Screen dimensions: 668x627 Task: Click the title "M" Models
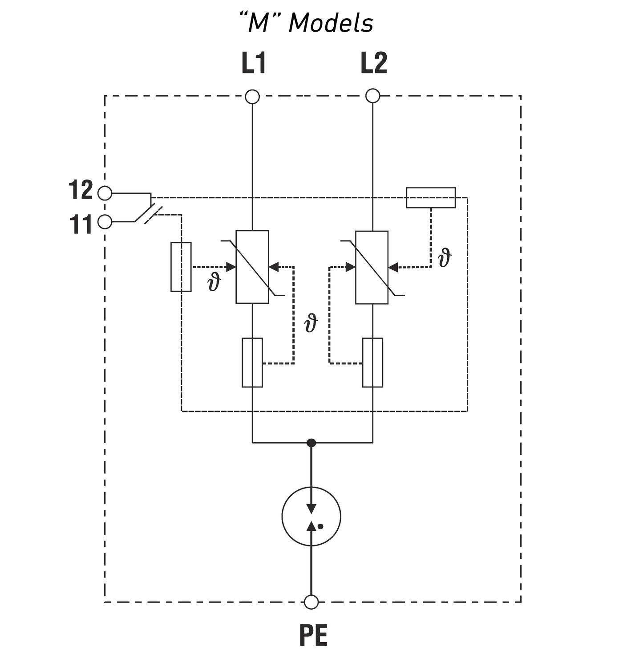coord(306,22)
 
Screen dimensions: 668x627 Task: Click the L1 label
coord(254,63)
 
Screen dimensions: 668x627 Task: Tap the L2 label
coord(373,63)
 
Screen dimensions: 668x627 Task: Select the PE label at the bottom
coord(313,635)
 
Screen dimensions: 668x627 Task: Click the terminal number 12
coord(80,191)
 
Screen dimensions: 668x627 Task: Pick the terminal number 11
coord(80,224)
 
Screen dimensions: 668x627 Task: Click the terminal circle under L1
coord(252,96)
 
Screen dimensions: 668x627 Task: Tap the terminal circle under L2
coord(372,96)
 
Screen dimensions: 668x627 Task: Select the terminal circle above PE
coord(311,602)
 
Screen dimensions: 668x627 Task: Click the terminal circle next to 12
coord(105,193)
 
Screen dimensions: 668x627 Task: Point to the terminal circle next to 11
coord(105,221)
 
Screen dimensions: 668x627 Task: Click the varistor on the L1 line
coord(252,267)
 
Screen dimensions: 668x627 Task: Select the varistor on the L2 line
coord(372,267)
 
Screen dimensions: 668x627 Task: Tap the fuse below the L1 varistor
coord(252,363)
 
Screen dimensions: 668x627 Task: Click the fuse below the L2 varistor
coord(372,363)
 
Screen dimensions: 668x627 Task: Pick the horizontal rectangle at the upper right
coord(431,198)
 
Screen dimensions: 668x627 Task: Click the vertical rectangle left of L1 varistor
coord(181,267)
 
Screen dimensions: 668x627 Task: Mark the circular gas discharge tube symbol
coord(311,516)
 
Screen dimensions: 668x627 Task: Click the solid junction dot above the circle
coord(311,443)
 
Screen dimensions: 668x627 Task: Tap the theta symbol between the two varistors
coord(311,323)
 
